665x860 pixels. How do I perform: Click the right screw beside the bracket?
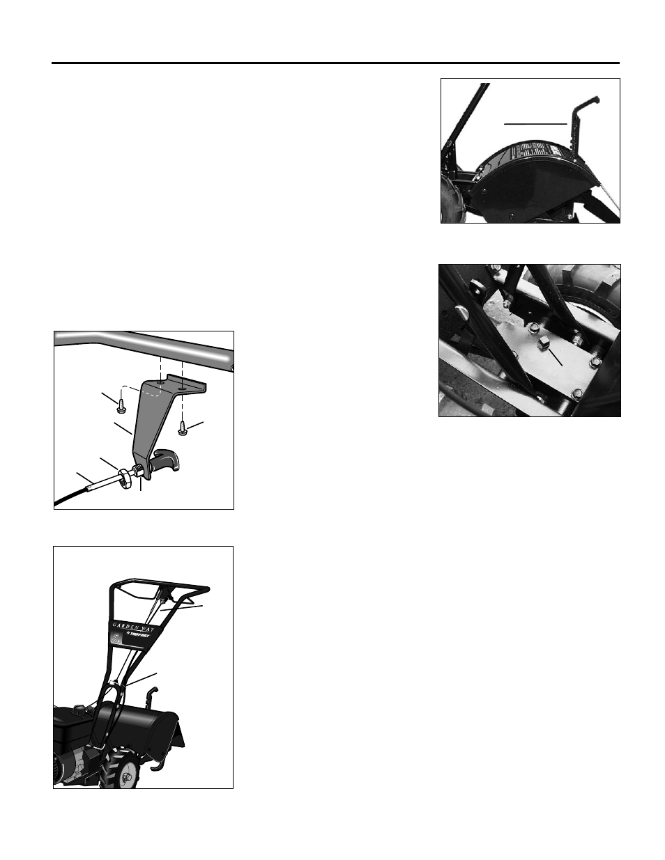(182, 428)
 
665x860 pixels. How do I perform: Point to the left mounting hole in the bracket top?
(161, 382)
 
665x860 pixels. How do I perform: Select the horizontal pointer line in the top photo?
(535, 123)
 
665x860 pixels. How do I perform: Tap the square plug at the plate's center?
(544, 343)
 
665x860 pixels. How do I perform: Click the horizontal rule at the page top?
(335, 63)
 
